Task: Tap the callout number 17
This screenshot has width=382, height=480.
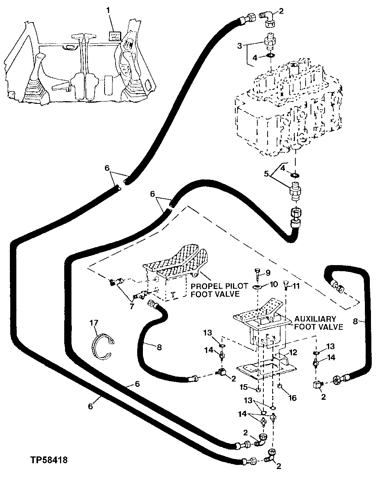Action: coord(94,323)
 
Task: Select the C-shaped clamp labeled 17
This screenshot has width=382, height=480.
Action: coord(102,345)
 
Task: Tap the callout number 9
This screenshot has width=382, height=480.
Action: coord(268,272)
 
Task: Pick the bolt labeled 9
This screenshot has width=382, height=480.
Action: coord(257,273)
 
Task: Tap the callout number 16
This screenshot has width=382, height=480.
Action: coord(293,398)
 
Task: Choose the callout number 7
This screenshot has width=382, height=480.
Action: coord(132,306)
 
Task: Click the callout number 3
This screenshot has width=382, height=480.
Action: coord(239,46)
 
